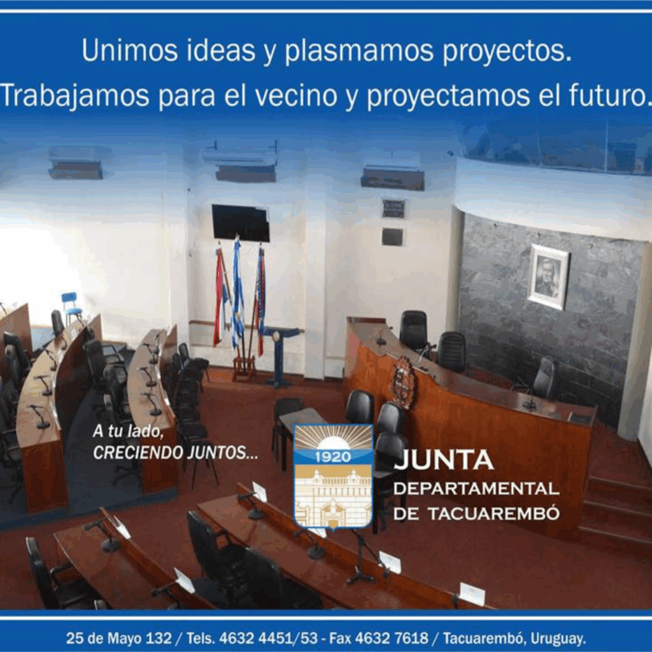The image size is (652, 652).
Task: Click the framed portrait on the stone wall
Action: [549, 276]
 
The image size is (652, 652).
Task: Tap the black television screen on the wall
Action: [241, 223]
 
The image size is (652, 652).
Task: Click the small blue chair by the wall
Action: [71, 307]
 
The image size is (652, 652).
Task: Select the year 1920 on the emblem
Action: [332, 457]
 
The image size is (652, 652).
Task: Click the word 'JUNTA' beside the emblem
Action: [444, 460]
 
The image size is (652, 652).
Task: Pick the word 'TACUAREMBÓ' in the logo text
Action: [494, 513]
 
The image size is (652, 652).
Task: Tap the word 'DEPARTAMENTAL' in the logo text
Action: [476, 488]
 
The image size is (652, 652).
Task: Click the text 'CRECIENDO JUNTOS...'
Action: [176, 453]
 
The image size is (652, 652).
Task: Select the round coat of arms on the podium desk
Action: [403, 382]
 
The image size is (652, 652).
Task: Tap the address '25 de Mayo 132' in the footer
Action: [118, 638]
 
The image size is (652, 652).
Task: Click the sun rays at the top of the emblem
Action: [333, 436]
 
